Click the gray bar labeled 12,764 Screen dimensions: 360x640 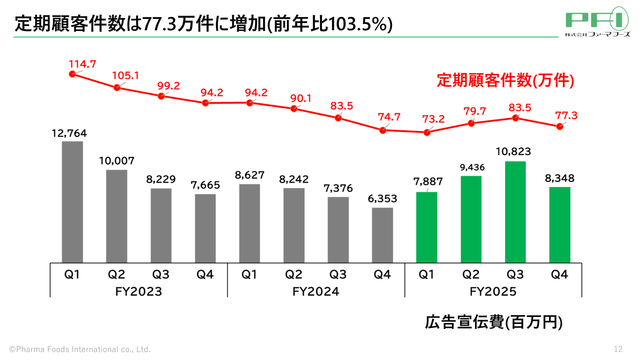(x=72, y=201)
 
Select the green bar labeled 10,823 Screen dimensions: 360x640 (x=515, y=211)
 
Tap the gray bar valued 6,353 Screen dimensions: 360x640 (x=382, y=234)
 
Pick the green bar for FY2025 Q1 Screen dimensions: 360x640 (x=426, y=227)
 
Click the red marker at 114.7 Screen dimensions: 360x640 (x=72, y=74)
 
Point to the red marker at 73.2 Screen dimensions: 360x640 (x=426, y=132)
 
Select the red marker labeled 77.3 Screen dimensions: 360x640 (x=559, y=126)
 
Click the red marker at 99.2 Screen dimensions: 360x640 (x=161, y=96)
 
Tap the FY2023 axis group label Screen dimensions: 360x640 (x=138, y=291)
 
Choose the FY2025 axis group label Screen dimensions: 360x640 (x=493, y=291)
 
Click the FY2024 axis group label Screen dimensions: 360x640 (x=315, y=291)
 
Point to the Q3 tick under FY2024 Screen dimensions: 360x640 (x=338, y=274)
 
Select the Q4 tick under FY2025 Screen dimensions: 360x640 (x=559, y=274)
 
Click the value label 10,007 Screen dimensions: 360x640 (x=116, y=161)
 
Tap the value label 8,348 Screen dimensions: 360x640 (x=559, y=178)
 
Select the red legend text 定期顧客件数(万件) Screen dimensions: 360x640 (x=505, y=80)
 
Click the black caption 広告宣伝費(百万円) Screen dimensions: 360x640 (x=493, y=322)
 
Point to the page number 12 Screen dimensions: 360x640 (x=618, y=348)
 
